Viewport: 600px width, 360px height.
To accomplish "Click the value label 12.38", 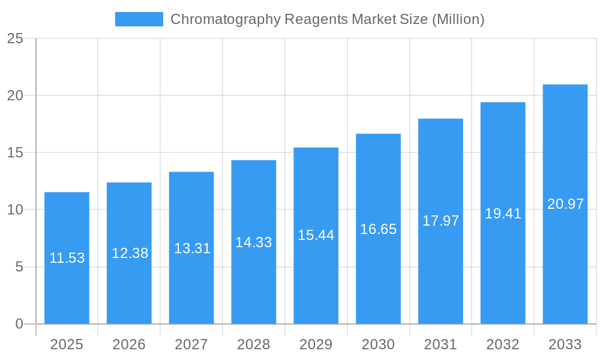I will click(x=130, y=253).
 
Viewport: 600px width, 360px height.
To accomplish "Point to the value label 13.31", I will click(x=192, y=248).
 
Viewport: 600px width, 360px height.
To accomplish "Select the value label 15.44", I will click(x=316, y=235).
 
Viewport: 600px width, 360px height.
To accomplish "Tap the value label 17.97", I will click(x=440, y=221).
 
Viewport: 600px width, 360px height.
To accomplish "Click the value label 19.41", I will click(x=503, y=214).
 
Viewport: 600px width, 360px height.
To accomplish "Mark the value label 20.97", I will click(x=565, y=204).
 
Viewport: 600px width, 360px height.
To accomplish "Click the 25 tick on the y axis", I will click(x=15, y=39).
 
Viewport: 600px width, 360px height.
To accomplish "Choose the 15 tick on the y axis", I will click(x=15, y=153).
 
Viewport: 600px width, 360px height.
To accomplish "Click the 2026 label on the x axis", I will click(x=129, y=344).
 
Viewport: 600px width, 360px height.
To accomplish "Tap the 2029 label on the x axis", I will click(x=316, y=344).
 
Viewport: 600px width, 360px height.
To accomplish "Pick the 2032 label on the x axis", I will click(x=503, y=344).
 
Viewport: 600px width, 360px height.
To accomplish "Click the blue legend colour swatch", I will click(x=139, y=19).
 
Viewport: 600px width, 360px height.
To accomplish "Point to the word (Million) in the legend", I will click(x=458, y=20).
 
